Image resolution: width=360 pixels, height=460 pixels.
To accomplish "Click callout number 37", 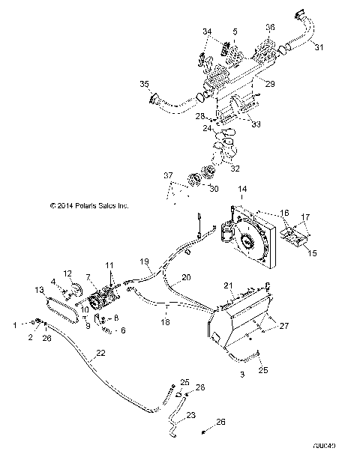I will click(168, 175).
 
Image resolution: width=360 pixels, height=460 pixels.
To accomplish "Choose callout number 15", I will click(312, 254).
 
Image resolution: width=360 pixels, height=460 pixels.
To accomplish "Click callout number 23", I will click(191, 415).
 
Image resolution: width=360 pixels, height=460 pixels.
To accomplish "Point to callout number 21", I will click(230, 285).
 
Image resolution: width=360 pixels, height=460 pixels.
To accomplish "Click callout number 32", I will click(236, 169).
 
